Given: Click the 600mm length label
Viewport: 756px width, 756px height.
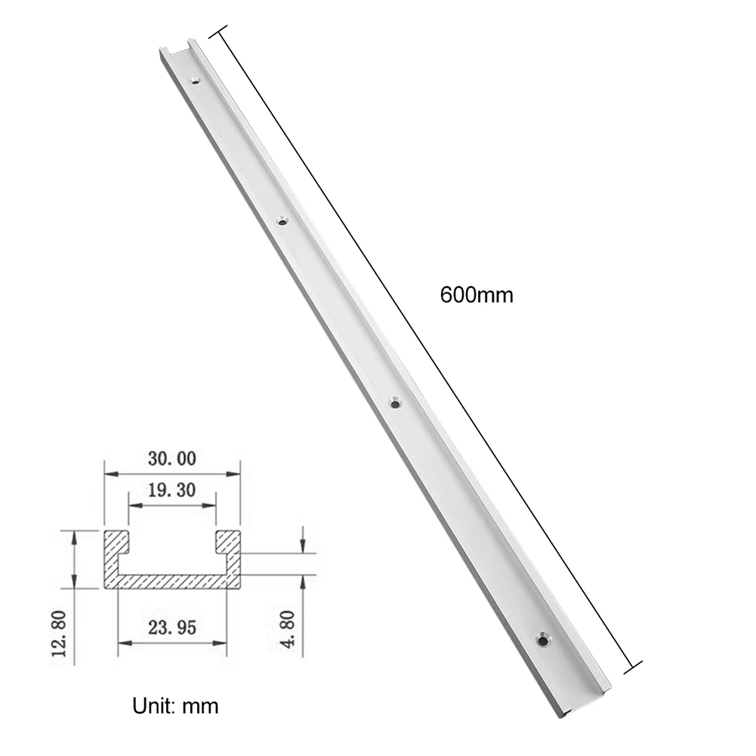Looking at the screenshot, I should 476,295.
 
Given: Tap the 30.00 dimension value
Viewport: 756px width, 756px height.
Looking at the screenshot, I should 171,458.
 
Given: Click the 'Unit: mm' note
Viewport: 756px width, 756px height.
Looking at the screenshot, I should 175,706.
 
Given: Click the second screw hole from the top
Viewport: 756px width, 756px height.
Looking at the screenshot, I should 282,221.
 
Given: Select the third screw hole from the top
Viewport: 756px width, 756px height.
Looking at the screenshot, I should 394,404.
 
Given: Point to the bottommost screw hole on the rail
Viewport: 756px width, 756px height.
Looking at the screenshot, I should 543,640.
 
